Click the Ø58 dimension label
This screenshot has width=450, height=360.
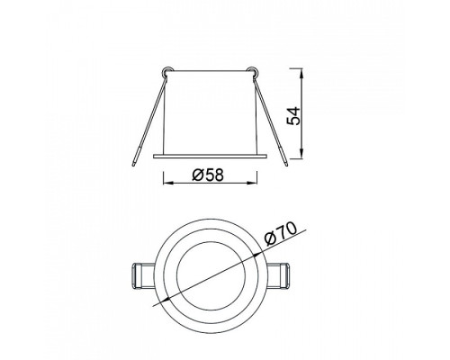(x=208, y=175)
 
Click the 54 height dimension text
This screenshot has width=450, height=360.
(x=293, y=116)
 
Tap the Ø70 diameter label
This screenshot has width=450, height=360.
(x=281, y=234)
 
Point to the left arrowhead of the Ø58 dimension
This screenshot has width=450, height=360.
(x=167, y=183)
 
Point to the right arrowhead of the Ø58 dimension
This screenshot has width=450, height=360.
(x=252, y=183)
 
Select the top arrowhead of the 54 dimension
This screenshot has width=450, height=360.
(x=301, y=74)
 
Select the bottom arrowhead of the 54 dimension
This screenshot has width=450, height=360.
(x=301, y=153)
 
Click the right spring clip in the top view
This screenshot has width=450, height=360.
(x=277, y=276)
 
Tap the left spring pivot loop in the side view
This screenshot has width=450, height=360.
(x=166, y=71)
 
